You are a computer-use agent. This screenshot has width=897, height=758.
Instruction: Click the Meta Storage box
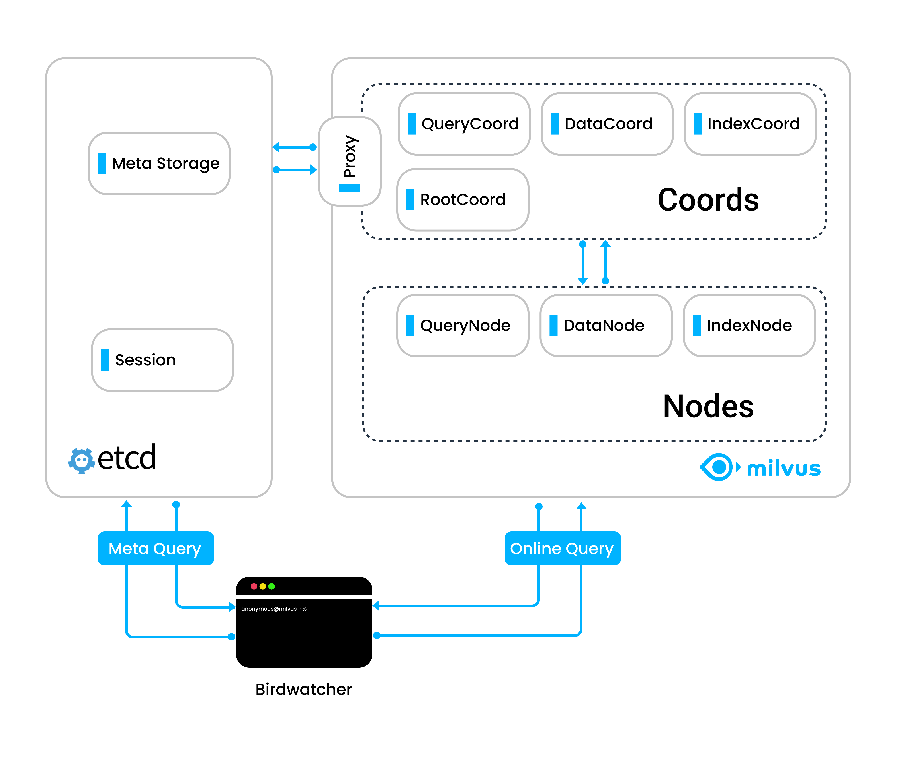coord(159,163)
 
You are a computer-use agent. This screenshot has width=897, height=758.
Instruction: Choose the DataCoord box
coord(607,124)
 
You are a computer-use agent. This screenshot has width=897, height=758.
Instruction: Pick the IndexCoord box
coord(750,124)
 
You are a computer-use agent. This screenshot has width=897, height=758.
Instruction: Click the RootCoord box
coord(463,199)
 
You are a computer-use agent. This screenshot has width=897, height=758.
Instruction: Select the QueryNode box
coord(463,325)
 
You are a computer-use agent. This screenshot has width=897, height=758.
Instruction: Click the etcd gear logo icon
coord(81,461)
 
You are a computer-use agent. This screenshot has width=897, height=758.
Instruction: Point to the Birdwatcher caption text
coord(304,689)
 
